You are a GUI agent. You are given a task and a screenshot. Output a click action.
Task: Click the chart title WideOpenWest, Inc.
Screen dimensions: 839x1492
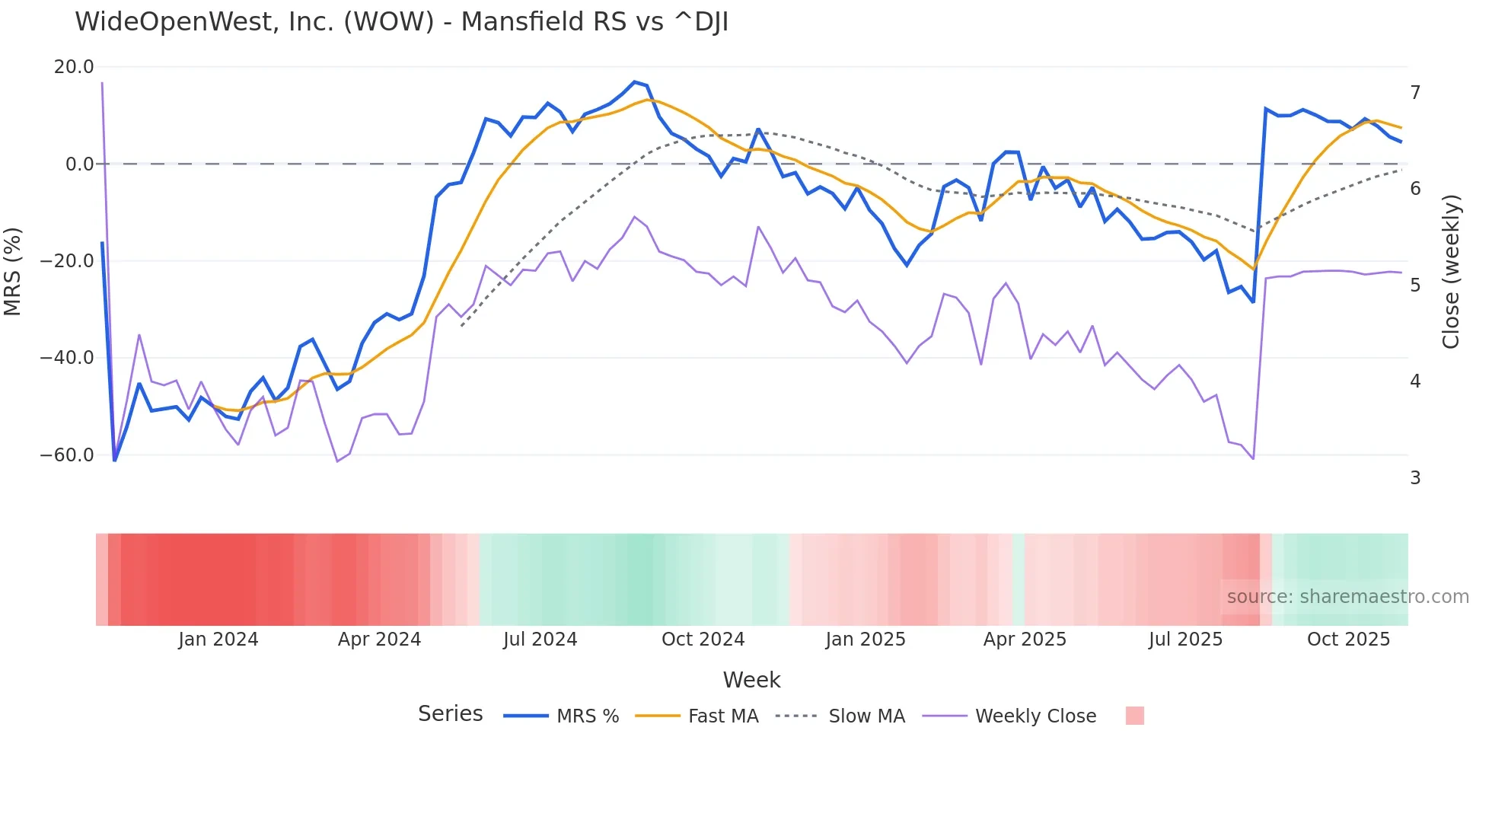(401, 22)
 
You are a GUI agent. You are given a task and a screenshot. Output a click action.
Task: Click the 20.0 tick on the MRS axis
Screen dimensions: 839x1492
(74, 67)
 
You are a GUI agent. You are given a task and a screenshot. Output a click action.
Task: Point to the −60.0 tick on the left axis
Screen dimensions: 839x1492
(67, 455)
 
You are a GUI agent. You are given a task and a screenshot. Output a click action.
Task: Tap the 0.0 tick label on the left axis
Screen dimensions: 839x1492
(79, 164)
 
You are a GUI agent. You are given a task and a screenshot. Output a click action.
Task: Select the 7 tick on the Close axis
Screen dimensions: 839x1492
(1415, 93)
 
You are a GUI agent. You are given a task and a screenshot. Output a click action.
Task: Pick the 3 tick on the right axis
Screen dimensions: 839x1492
(1415, 478)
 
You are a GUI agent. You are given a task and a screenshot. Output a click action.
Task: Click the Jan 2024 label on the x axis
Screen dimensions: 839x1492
(218, 640)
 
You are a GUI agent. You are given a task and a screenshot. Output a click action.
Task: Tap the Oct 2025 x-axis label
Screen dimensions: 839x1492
(1348, 640)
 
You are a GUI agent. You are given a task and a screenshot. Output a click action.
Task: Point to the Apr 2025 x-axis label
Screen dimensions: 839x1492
(1025, 640)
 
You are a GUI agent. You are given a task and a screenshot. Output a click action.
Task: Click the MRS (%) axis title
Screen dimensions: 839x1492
(13, 271)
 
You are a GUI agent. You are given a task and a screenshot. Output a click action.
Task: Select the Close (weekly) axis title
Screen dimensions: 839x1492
(1451, 272)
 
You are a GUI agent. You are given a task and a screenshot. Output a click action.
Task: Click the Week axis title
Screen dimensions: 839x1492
(751, 680)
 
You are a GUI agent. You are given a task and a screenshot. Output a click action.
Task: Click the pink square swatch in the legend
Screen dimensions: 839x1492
(1134, 716)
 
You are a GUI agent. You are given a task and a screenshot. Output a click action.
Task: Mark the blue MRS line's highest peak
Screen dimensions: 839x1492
(634, 82)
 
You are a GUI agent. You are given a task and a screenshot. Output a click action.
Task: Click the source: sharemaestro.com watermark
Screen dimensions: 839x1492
(1347, 597)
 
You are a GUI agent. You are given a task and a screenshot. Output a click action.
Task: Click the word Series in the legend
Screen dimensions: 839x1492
(450, 714)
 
